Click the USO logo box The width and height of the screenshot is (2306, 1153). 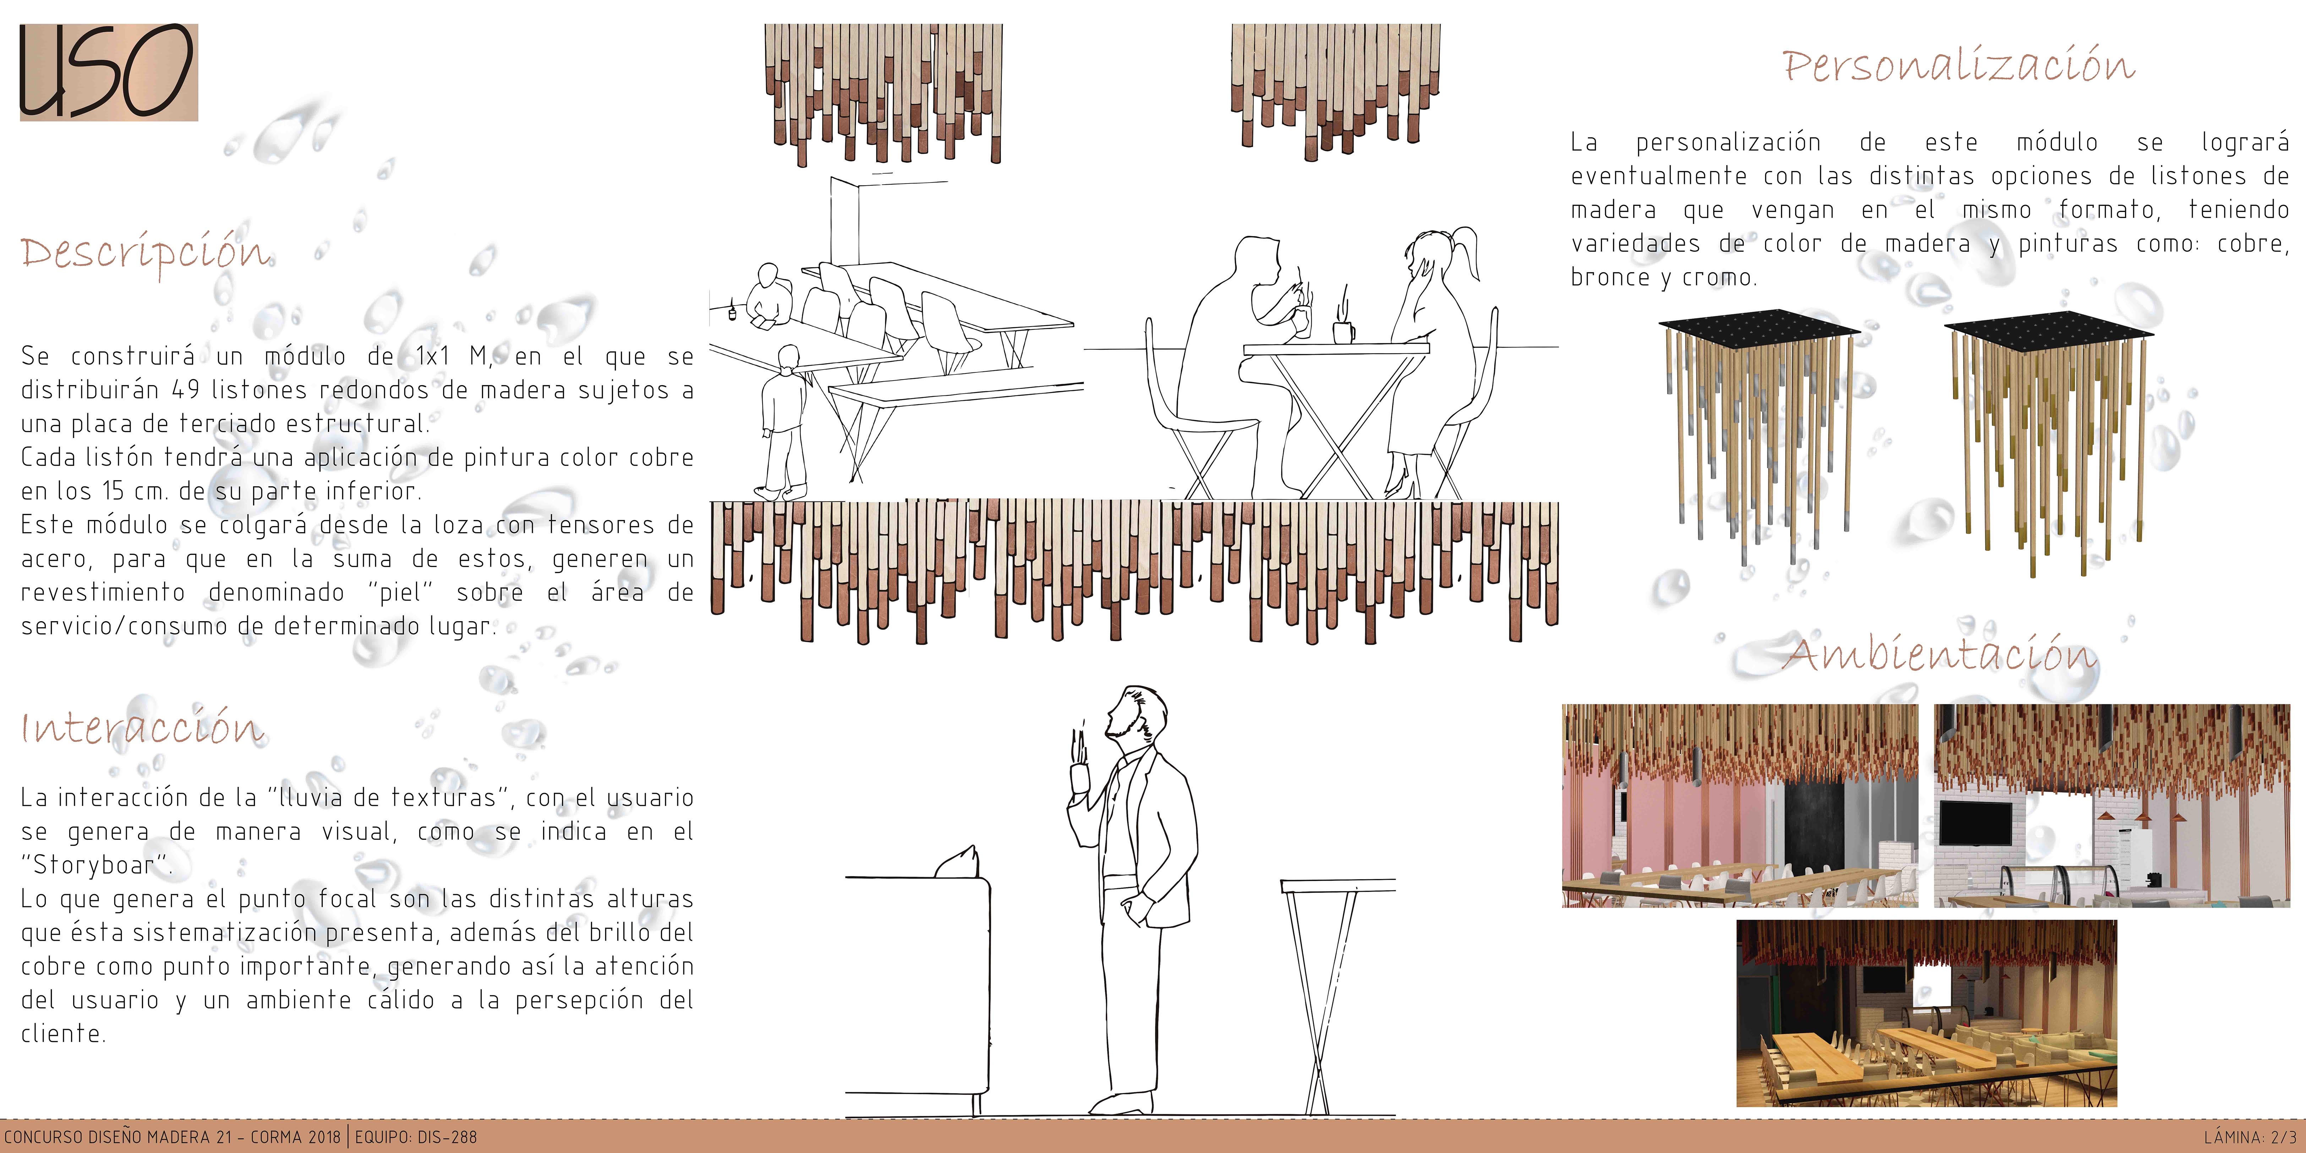coord(108,72)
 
